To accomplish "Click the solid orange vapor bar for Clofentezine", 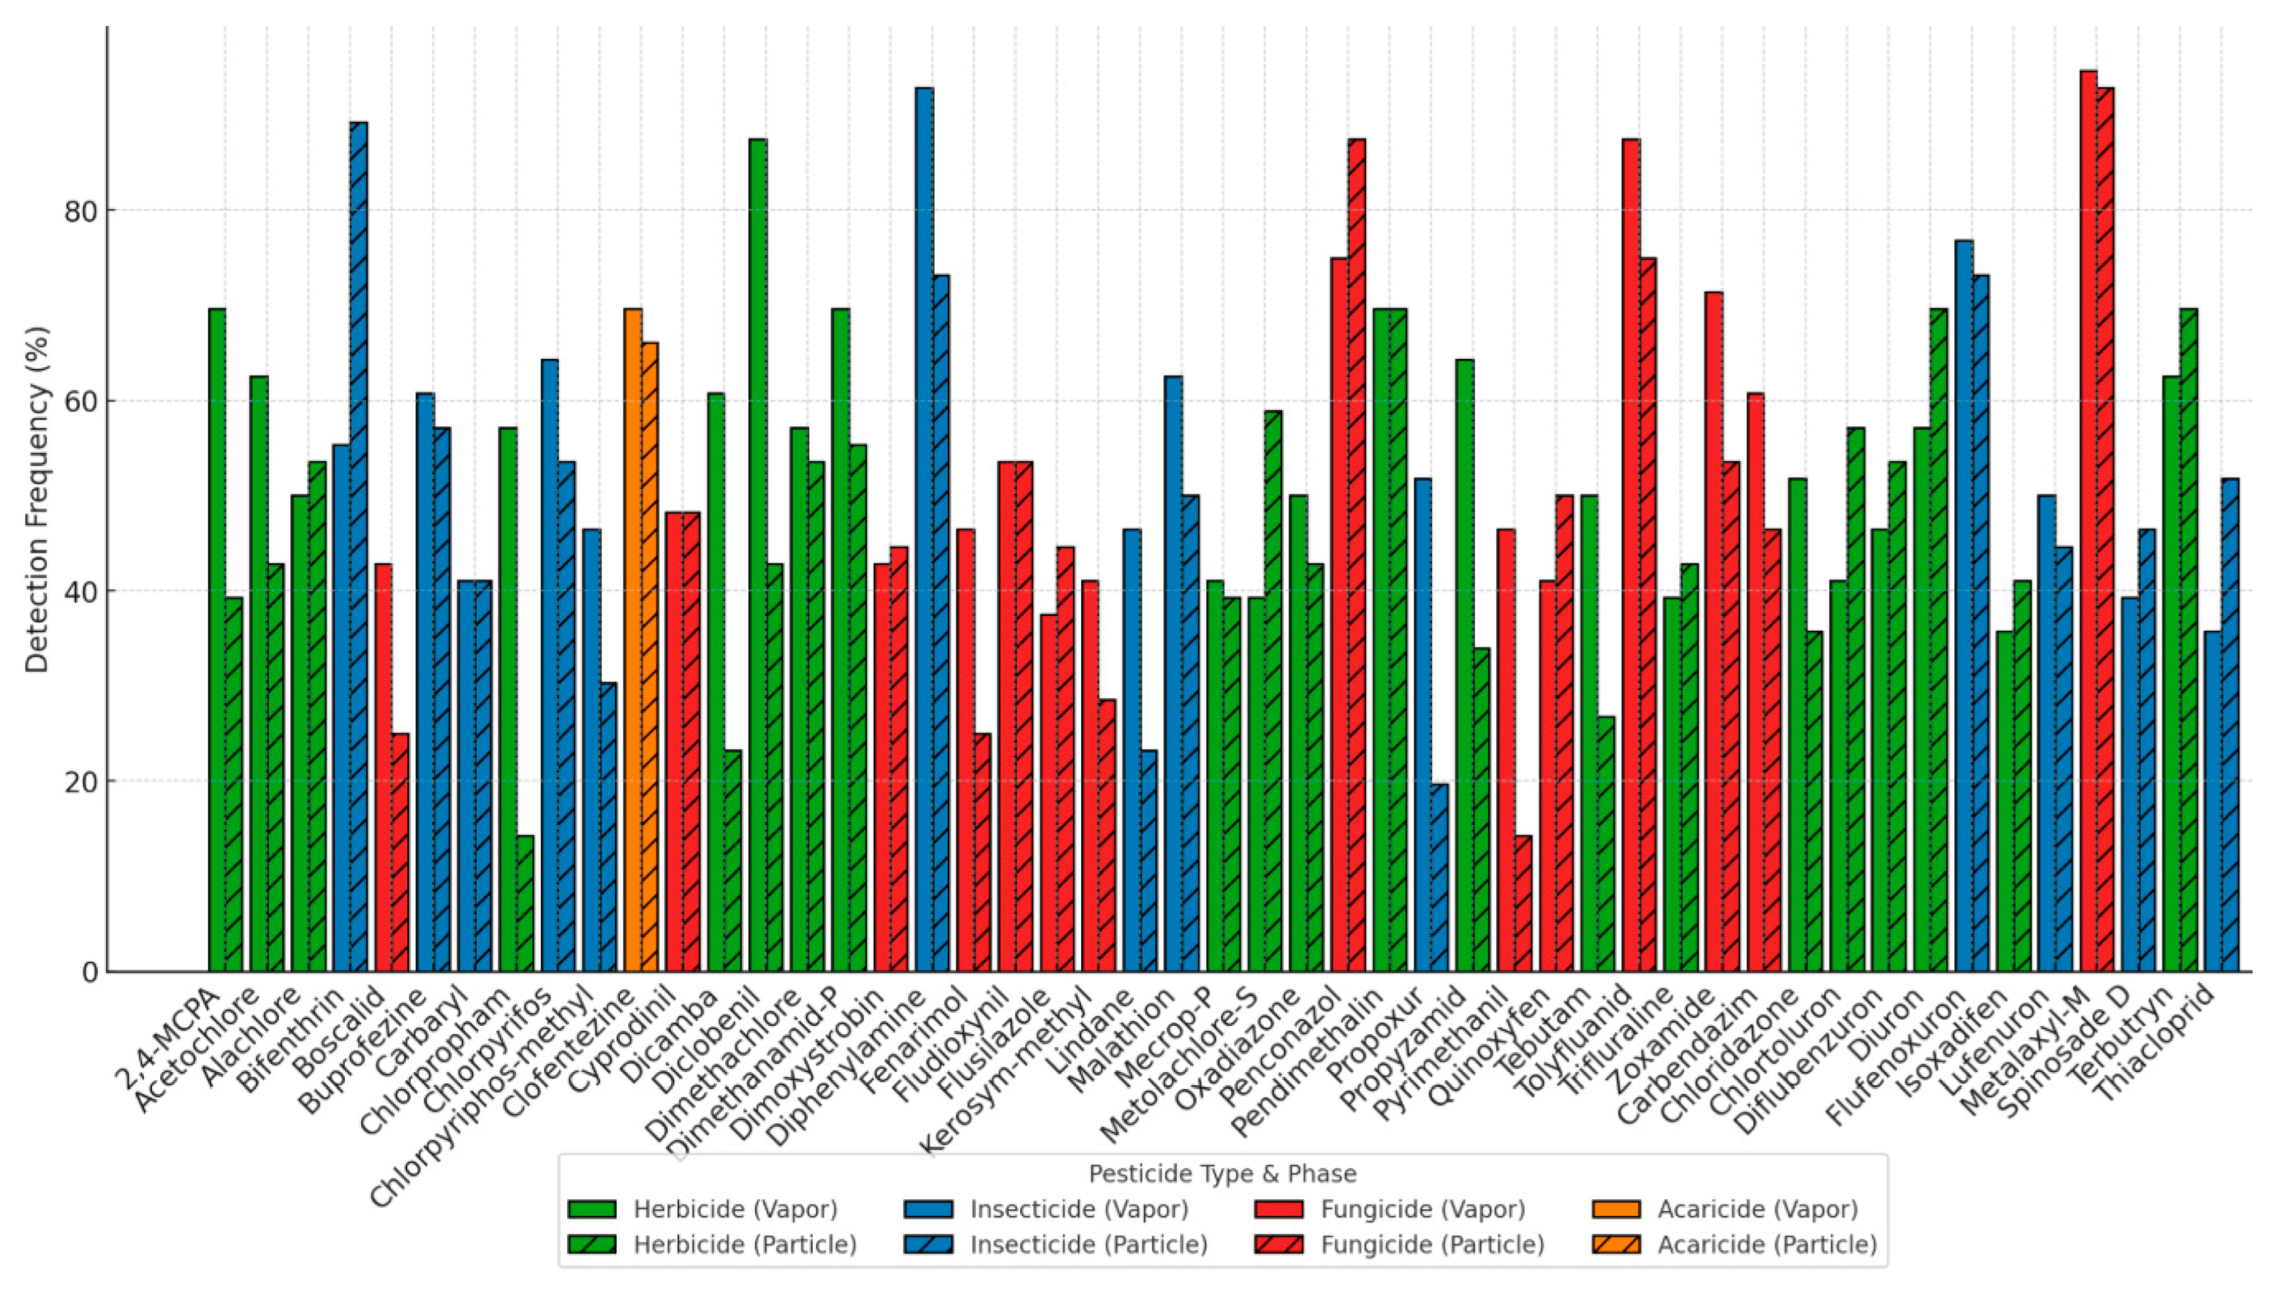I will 633,639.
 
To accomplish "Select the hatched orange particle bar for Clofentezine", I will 649,657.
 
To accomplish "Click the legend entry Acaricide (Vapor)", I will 1757,1209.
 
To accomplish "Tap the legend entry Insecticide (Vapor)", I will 1078,1209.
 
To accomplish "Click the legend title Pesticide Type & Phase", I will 1222,1174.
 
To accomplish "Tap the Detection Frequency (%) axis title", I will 37,500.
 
